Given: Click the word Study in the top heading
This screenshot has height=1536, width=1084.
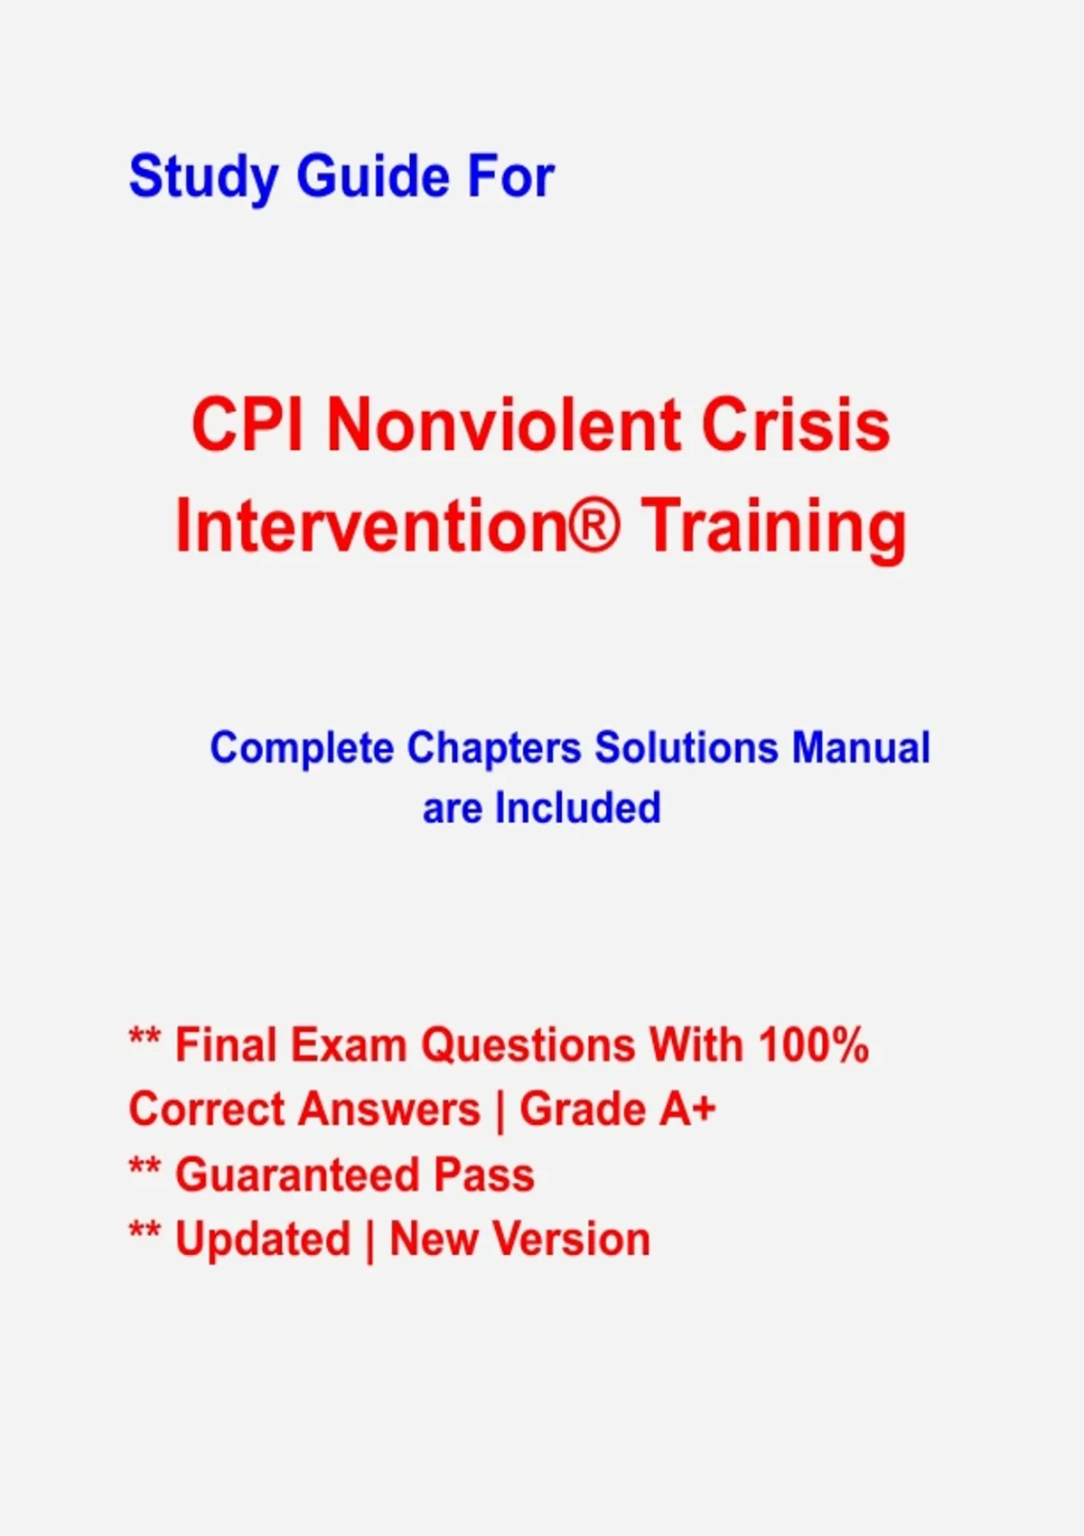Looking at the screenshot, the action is coord(203,178).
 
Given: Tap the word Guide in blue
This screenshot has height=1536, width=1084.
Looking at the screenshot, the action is coord(372,176).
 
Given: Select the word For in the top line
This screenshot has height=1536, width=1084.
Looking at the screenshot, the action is coord(510,177).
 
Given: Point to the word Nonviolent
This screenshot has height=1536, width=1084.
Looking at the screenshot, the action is coord(504,425).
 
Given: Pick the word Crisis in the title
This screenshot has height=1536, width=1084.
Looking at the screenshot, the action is coord(795,425).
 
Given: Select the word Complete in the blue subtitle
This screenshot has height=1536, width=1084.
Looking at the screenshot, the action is coord(302,748).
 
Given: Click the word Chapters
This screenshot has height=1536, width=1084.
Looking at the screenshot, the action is coord(494,748).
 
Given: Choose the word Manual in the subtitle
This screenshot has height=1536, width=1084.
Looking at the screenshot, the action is coord(861,746).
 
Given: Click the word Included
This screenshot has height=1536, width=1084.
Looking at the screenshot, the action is coord(578,808).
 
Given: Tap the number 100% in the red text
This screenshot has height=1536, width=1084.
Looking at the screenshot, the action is coord(814,1045).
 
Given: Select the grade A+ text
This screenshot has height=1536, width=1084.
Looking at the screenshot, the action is coord(687,1109).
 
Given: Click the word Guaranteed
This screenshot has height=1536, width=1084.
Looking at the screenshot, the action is coord(296,1175).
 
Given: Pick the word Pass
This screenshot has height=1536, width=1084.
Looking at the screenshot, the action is coord(484,1175).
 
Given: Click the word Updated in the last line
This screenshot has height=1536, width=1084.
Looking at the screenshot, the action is coord(263,1239).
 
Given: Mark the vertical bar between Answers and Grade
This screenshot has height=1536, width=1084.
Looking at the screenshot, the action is coord(500,1110).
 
